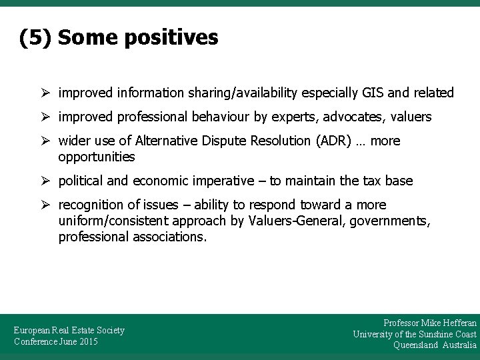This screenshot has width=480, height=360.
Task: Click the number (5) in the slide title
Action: pos(36,38)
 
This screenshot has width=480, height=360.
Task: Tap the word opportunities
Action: pos(97,157)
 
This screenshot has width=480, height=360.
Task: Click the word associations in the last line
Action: pos(167,237)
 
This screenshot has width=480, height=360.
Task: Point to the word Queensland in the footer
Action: pos(416,345)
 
